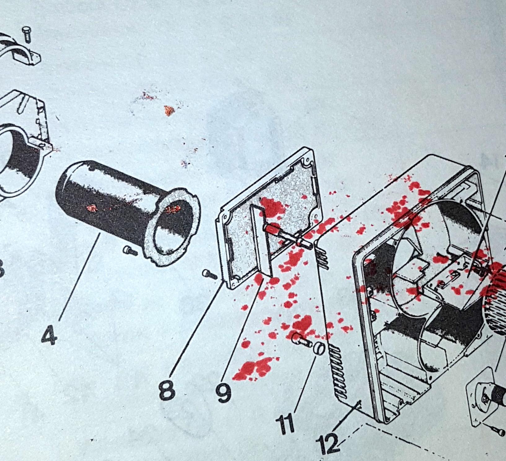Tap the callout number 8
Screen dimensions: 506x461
click(167, 390)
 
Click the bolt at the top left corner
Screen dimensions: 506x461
click(27, 34)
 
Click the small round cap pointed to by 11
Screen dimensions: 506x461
click(319, 348)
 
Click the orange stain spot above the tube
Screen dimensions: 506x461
click(169, 110)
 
